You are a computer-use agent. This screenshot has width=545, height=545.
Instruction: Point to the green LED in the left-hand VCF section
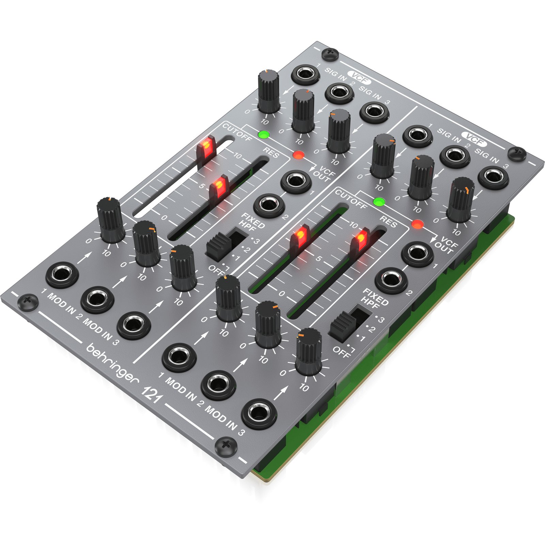tap(263, 135)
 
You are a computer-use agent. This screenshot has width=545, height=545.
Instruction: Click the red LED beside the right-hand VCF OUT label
tap(417, 224)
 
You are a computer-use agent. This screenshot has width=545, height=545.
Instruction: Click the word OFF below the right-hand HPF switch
tap(341, 352)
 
